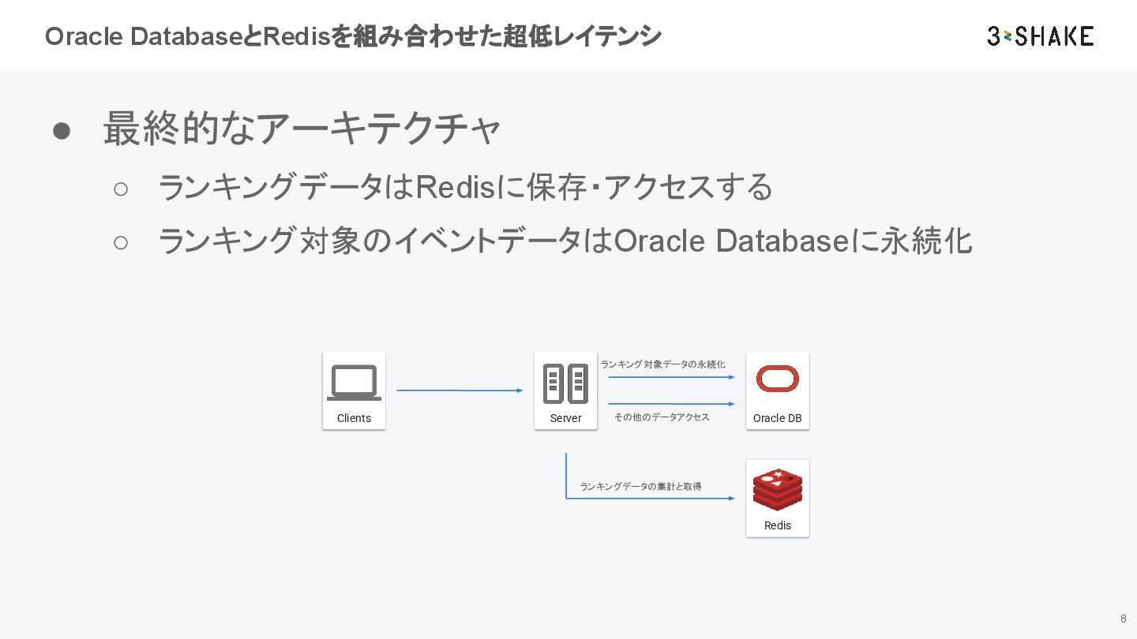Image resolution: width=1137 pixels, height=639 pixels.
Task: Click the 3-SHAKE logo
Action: pyautogui.click(x=1040, y=36)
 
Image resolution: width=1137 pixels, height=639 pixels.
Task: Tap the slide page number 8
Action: pyautogui.click(x=1123, y=618)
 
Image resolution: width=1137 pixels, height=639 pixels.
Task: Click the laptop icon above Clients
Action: pyautogui.click(x=354, y=383)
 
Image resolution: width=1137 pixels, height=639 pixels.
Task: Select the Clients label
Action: pyautogui.click(x=354, y=418)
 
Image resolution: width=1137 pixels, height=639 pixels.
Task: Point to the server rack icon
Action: pyautogui.click(x=565, y=383)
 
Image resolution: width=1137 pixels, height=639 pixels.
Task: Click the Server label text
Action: pyautogui.click(x=565, y=418)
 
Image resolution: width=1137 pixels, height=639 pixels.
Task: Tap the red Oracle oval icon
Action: pyautogui.click(x=778, y=379)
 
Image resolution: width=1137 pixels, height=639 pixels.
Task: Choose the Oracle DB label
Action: pyautogui.click(x=777, y=418)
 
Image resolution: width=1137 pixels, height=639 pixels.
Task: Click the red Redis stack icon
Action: pyautogui.click(x=778, y=489)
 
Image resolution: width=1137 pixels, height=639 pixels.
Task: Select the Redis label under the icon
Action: pyautogui.click(x=778, y=525)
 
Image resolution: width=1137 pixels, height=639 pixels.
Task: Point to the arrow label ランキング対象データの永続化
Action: pyautogui.click(x=662, y=364)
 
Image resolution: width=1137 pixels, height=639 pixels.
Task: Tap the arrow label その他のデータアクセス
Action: pyautogui.click(x=662, y=417)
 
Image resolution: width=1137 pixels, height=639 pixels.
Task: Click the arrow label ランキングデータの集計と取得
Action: pyautogui.click(x=640, y=487)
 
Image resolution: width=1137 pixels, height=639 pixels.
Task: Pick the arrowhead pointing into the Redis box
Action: pyautogui.click(x=731, y=499)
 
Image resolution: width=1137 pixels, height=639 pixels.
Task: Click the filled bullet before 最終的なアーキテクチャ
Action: pyautogui.click(x=62, y=131)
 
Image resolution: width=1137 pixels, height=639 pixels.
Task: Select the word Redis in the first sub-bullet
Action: pyautogui.click(x=449, y=187)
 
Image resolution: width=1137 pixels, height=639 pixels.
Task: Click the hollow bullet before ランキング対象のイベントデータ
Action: pyautogui.click(x=120, y=242)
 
